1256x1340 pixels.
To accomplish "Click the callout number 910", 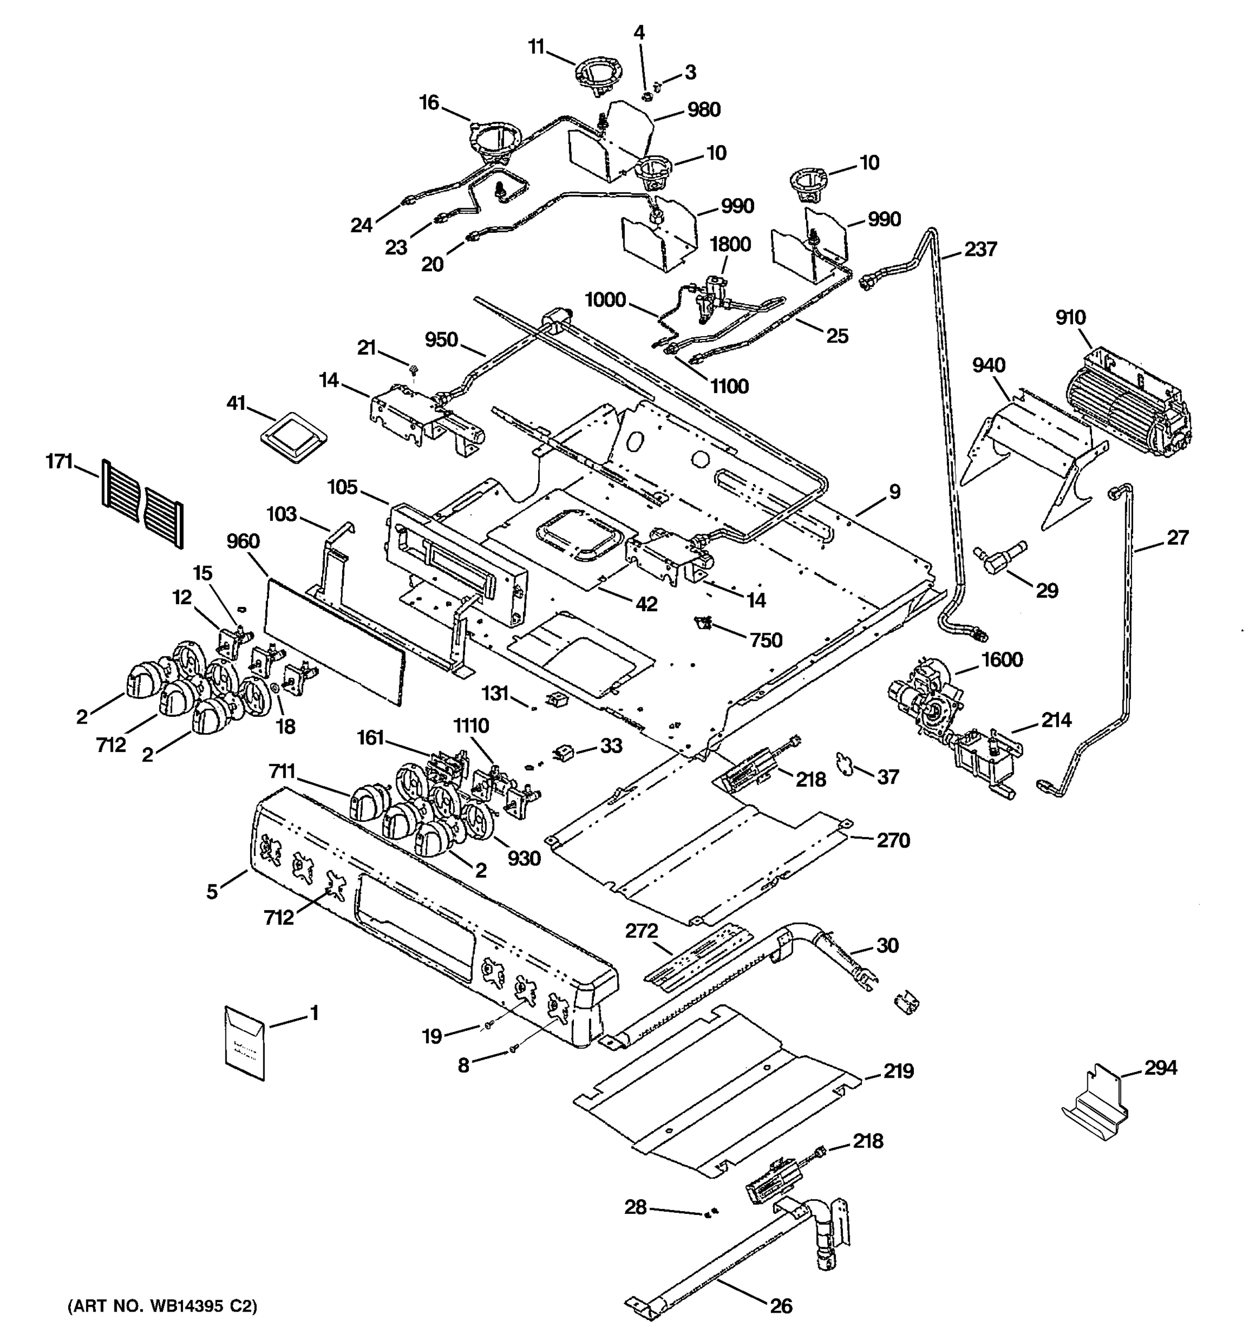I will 1071,318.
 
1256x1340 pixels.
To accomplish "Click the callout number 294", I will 1161,1068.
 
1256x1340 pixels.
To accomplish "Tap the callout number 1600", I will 1002,659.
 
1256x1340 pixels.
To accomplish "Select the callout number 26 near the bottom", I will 781,1305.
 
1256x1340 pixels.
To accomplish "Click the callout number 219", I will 899,1070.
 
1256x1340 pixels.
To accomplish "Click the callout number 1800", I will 730,244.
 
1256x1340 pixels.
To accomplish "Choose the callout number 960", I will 244,541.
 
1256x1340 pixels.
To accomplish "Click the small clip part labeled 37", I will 844,764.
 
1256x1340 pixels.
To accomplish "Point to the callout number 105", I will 342,487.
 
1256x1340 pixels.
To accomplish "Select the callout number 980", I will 703,109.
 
